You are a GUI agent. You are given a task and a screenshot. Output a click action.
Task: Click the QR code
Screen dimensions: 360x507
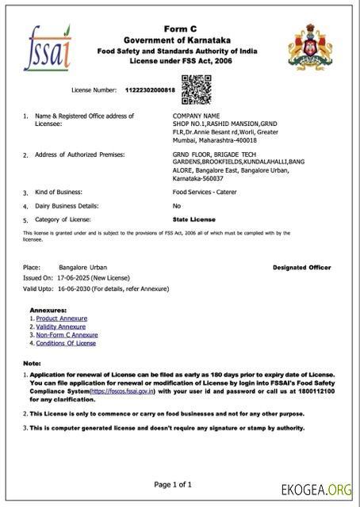(x=195, y=89)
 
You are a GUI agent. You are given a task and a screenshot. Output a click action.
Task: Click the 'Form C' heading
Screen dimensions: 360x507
(x=181, y=28)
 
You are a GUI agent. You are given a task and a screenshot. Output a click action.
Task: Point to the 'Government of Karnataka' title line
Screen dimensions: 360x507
(x=181, y=40)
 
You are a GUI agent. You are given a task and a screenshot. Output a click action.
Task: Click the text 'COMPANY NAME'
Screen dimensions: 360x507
(x=197, y=116)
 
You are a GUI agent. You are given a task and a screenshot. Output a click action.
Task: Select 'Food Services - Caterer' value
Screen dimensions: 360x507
(x=205, y=192)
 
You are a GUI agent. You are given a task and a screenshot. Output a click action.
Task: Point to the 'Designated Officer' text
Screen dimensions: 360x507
(x=301, y=268)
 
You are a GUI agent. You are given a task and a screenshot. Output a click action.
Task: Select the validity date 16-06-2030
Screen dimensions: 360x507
(x=75, y=289)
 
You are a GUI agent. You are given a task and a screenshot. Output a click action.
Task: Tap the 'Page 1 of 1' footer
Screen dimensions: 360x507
(x=180, y=484)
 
